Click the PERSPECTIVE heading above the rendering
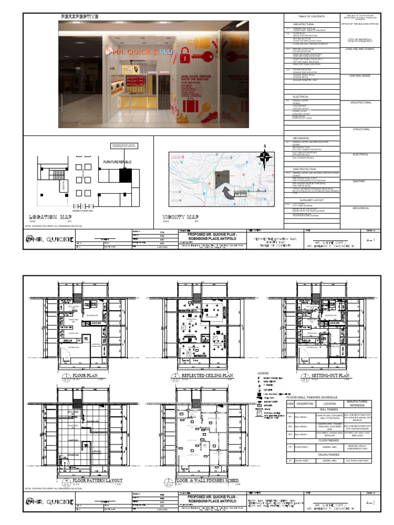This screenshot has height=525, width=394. click(x=80, y=17)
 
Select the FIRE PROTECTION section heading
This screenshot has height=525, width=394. click(x=304, y=169)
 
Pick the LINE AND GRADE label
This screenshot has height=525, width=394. click(x=360, y=75)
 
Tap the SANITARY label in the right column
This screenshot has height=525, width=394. click(x=360, y=181)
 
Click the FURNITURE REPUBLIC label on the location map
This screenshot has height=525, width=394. click(x=117, y=162)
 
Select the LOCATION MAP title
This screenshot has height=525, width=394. click(x=50, y=217)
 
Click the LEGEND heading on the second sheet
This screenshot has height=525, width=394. click(x=263, y=373)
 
